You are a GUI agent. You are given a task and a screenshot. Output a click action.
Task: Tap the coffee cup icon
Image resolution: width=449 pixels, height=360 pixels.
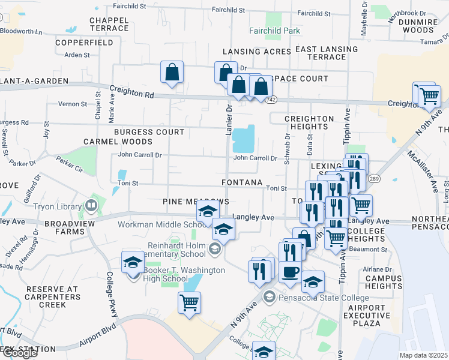[x=290, y=272]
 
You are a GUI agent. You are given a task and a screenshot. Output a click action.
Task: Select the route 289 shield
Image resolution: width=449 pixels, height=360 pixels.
[x=374, y=179]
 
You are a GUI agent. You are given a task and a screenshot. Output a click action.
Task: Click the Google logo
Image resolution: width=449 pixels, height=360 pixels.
[x=19, y=353]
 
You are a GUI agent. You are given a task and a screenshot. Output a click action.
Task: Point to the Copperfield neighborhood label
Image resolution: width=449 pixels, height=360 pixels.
[x=84, y=43]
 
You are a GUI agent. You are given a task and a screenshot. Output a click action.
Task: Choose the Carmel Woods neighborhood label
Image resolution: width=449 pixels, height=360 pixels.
[x=118, y=142]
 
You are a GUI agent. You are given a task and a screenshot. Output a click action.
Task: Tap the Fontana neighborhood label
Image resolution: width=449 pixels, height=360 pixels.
[x=242, y=182]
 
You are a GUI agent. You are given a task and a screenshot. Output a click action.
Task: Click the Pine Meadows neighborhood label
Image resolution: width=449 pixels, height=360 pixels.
[x=196, y=202]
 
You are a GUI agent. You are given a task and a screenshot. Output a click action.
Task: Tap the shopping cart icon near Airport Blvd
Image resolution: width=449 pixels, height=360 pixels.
[x=189, y=303]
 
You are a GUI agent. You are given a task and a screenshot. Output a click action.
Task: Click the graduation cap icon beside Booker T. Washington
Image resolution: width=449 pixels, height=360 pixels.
[x=133, y=262]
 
